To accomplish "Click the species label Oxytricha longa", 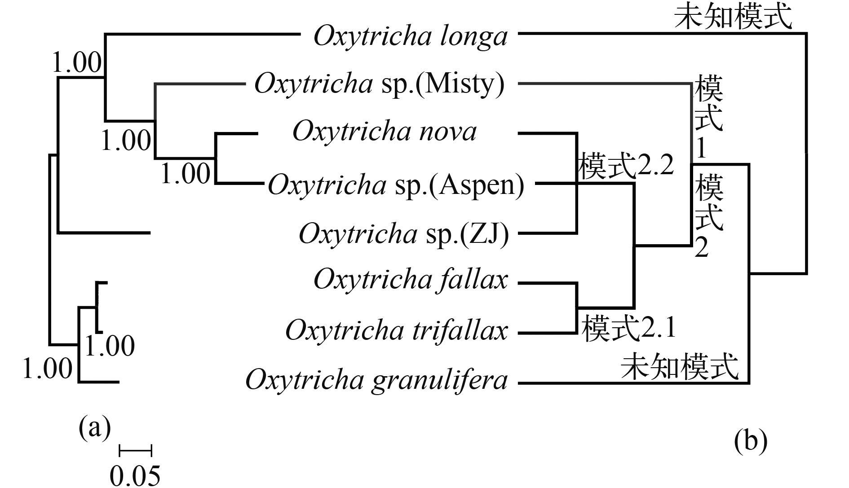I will [410, 36].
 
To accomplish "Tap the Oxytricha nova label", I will [385, 132].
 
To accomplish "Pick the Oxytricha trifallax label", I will [397, 331].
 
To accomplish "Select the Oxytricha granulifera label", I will [376, 380].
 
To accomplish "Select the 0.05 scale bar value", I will [135, 475].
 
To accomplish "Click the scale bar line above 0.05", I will [135, 450].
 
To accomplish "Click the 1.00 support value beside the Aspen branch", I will [185, 173].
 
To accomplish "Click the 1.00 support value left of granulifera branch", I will [47, 369].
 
